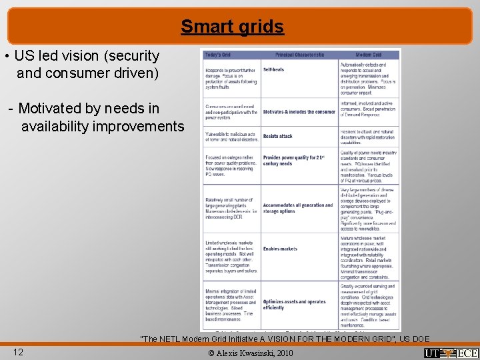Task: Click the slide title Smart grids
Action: click(x=232, y=27)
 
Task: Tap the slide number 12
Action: click(x=19, y=351)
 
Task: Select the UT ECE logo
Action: click(x=450, y=352)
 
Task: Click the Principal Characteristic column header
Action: click(x=299, y=55)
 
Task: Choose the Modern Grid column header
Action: click(x=369, y=55)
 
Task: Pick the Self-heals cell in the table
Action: click(x=274, y=69)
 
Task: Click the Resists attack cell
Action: click(x=278, y=136)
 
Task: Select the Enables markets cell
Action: click(x=281, y=248)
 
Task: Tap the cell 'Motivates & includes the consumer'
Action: click(x=299, y=112)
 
